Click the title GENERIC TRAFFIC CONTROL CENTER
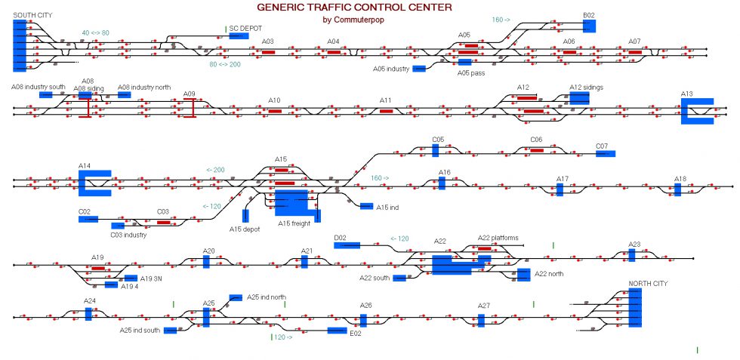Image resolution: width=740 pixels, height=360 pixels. [354, 8]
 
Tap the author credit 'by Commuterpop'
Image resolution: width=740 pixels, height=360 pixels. [354, 20]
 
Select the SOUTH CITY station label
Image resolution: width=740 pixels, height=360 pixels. [33, 14]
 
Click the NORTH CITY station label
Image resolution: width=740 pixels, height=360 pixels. [646, 283]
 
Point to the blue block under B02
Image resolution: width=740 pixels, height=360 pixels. [589, 26]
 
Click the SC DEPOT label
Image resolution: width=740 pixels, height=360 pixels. [246, 28]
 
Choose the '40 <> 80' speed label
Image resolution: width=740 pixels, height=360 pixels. [95, 32]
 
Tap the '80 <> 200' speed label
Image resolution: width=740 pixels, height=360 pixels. [225, 65]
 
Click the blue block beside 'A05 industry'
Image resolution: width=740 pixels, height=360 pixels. [419, 69]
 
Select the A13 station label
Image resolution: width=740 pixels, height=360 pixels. [686, 94]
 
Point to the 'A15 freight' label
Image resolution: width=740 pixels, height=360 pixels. [294, 223]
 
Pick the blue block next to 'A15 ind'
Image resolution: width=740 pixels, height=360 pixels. [366, 206]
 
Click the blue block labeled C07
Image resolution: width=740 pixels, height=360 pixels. [606, 153]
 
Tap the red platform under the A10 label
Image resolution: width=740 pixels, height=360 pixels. [275, 111]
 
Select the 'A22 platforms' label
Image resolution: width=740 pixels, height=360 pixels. [498, 238]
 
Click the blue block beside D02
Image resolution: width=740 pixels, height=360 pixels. [347, 245]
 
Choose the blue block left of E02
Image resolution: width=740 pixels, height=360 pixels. [337, 331]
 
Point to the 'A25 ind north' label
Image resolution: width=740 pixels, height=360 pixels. [267, 297]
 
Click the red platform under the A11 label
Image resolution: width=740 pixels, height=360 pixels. [387, 111]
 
